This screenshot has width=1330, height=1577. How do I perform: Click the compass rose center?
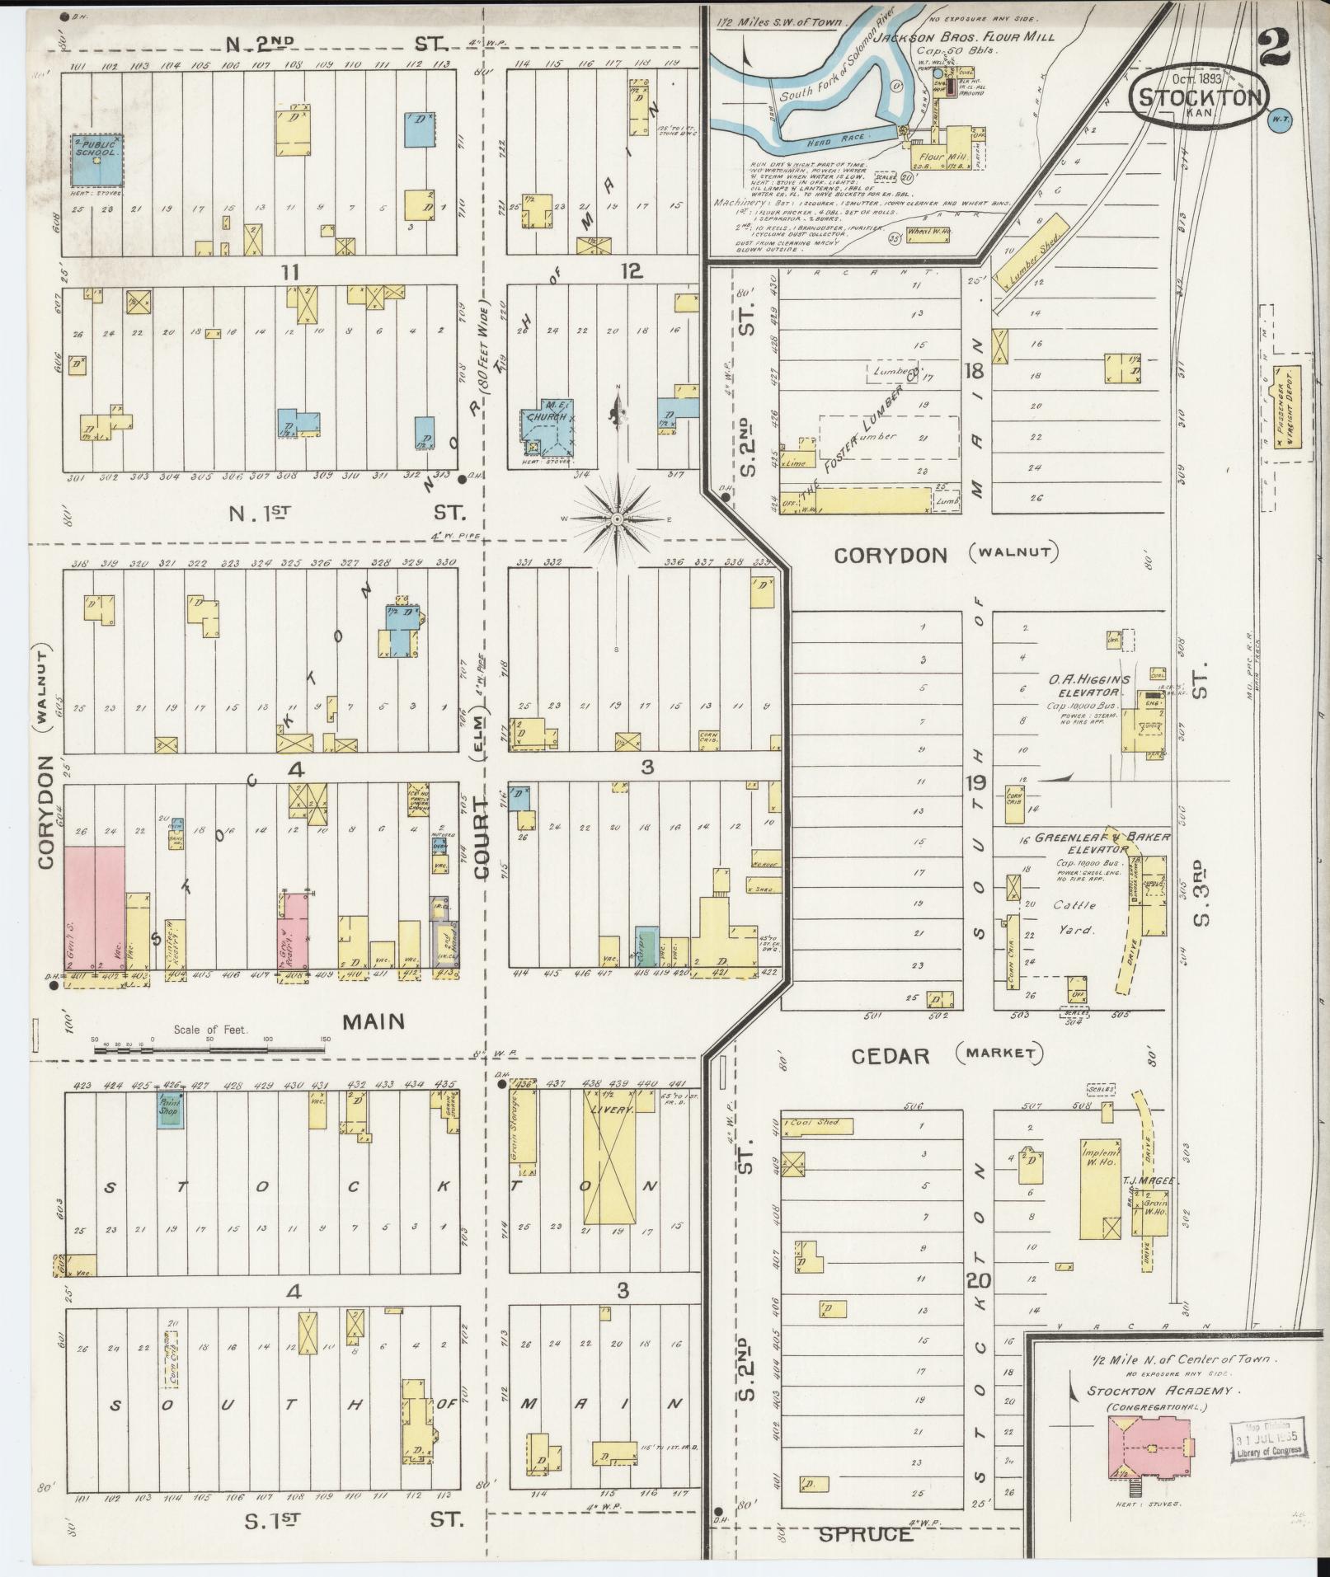617,519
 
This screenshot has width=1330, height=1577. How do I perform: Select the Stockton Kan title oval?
1201,97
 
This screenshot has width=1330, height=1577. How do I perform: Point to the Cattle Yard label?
1074,917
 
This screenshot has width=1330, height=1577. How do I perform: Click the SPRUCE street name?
866,1534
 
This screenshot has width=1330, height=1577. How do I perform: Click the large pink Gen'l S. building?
94,907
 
